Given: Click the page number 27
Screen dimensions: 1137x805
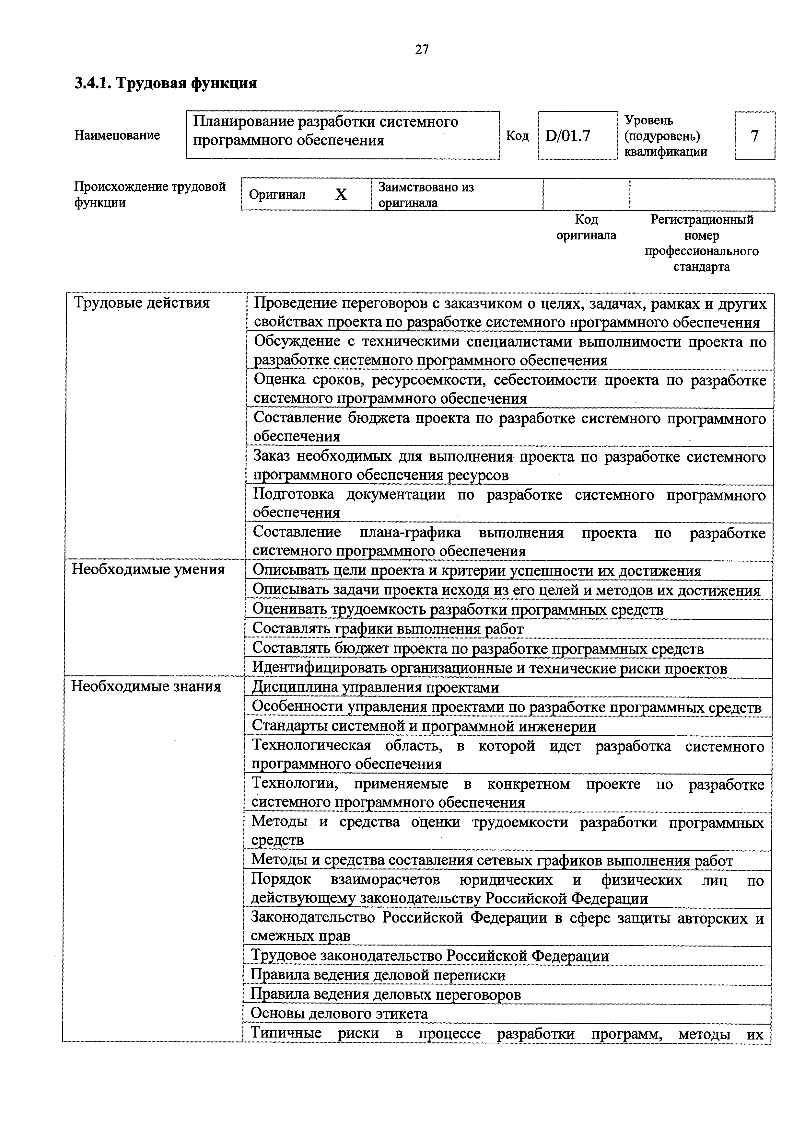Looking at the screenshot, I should coord(422,50).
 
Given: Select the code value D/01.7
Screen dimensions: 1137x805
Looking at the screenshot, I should coord(568,136).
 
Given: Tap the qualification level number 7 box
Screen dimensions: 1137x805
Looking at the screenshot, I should coord(754,136).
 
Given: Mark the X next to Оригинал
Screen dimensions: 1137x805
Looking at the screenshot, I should coord(341,195).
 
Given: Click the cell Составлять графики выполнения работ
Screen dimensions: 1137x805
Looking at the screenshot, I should coord(388,629).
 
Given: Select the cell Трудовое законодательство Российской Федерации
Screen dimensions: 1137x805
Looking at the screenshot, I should coord(430,956).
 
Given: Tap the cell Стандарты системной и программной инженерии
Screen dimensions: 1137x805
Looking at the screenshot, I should coord(424,726).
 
